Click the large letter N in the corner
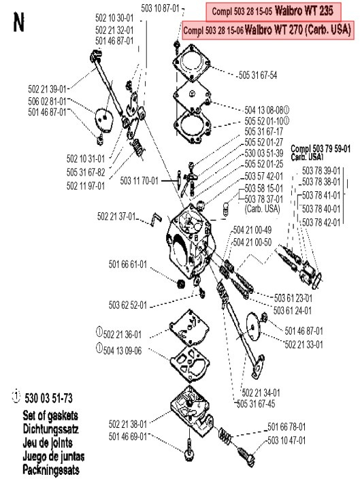[18, 24]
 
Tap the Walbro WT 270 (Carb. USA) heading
[267, 30]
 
